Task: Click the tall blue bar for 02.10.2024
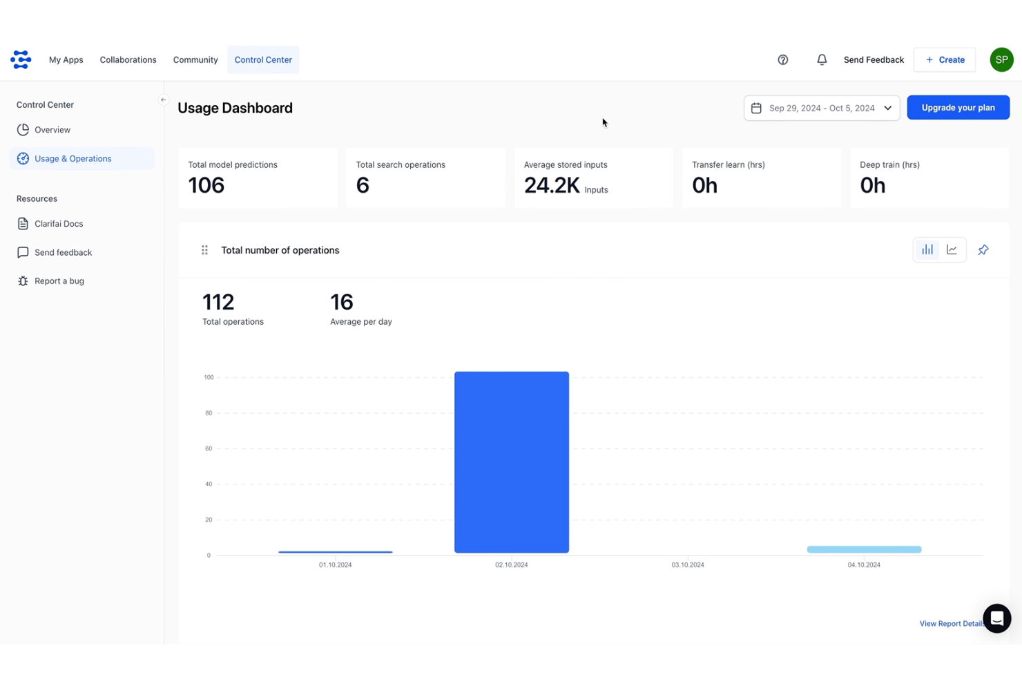click(512, 462)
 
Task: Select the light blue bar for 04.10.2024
click(864, 549)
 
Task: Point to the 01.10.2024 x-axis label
click(335, 565)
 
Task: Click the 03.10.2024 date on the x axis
click(688, 565)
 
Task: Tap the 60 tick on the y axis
click(209, 448)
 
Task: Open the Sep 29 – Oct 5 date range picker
click(821, 108)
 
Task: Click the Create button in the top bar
click(944, 60)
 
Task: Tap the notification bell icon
click(822, 60)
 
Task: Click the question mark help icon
click(782, 60)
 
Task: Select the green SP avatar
click(1001, 60)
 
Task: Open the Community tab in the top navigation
click(195, 60)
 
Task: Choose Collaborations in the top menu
click(128, 60)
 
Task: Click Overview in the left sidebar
click(52, 130)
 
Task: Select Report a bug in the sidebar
click(59, 281)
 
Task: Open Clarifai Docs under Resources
click(59, 224)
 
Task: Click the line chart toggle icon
click(952, 250)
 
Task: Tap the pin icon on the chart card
click(983, 250)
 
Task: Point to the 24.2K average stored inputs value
click(552, 185)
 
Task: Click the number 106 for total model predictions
click(206, 185)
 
